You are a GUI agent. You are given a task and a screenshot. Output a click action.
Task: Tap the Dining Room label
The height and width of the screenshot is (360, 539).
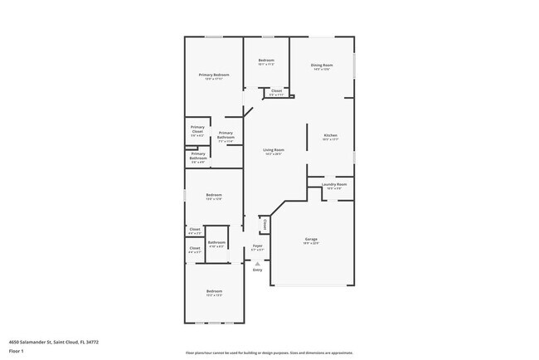[x=322, y=66]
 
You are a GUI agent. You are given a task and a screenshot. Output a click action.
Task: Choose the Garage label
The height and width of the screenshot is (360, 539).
[x=310, y=240]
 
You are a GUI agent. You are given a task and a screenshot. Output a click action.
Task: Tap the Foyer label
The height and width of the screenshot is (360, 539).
[x=257, y=246]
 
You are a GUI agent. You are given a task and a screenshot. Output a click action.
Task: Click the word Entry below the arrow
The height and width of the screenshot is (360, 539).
[x=257, y=270]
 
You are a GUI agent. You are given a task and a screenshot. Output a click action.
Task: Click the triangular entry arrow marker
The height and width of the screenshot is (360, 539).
[x=257, y=263]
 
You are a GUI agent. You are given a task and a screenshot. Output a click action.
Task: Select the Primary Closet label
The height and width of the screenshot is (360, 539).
[x=197, y=129]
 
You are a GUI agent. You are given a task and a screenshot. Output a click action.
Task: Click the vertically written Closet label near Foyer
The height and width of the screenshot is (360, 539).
[x=264, y=223]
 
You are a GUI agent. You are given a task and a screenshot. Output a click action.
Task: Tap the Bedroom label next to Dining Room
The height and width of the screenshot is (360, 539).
[x=266, y=61]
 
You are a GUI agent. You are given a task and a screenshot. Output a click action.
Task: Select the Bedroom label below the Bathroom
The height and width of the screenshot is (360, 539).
[x=214, y=291]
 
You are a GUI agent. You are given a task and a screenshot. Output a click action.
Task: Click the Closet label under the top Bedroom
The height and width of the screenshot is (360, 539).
[x=276, y=90]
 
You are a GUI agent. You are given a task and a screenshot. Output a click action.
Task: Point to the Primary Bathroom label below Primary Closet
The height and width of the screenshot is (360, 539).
[x=197, y=155]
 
